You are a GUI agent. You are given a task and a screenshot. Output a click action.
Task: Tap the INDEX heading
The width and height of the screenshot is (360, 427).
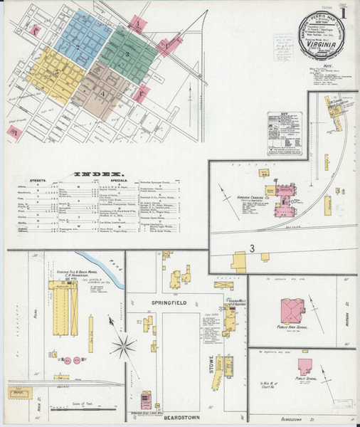104,173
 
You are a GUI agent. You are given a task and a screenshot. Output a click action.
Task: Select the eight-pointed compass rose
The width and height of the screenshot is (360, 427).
124,348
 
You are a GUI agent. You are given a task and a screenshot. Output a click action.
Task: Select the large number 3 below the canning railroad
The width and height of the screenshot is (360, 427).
252,248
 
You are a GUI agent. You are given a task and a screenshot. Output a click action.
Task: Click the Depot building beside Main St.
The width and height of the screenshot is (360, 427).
20,391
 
